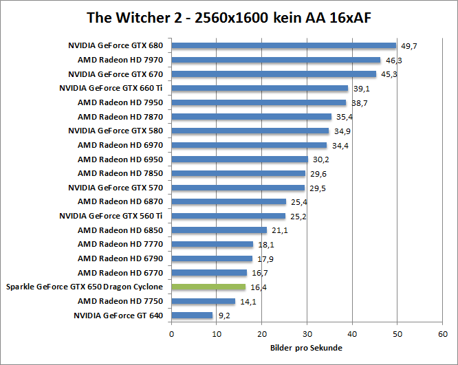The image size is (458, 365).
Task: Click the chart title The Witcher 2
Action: [x=228, y=17]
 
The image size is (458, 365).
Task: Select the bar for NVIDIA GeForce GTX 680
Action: [x=283, y=46]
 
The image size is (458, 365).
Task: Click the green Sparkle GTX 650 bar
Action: [x=208, y=287]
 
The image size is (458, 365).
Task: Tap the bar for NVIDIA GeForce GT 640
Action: [x=192, y=316]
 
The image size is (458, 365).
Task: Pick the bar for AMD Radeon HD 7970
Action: [x=275, y=60]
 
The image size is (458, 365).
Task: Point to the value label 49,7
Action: [x=409, y=46]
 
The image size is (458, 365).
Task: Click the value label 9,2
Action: [x=225, y=316]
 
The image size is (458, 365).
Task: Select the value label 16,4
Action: [x=258, y=287]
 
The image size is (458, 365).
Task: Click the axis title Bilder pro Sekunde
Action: [x=307, y=348]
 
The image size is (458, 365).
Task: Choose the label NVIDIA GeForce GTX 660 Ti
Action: [x=111, y=88]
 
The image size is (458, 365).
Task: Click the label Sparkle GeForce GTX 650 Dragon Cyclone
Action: [x=85, y=287]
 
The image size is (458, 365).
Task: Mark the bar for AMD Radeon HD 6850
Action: [x=219, y=230]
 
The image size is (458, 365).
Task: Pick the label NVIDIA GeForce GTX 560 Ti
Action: [x=111, y=216]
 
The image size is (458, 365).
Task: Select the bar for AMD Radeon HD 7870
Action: [x=251, y=117]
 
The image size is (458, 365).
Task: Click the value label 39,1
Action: [x=361, y=89]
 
